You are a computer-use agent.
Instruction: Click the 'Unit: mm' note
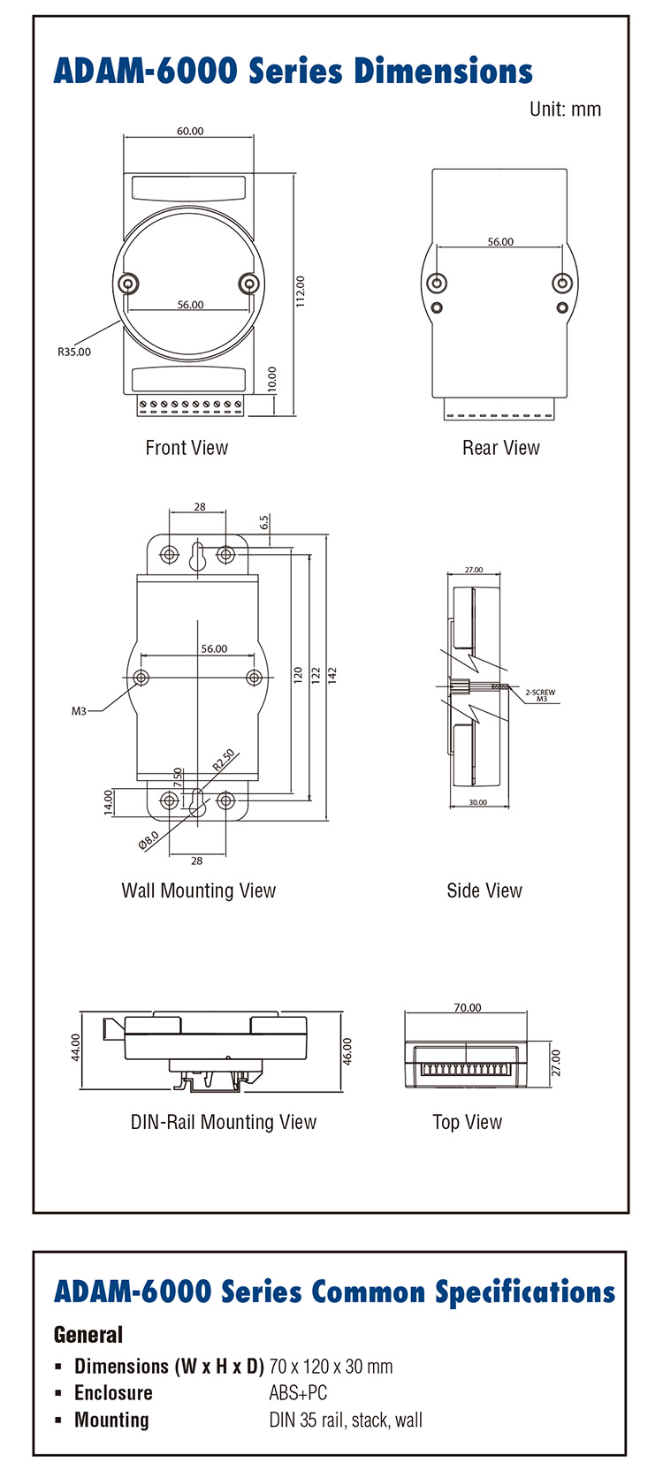click(565, 110)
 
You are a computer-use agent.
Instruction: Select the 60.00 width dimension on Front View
click(190, 131)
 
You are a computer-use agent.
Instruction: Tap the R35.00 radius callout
click(74, 352)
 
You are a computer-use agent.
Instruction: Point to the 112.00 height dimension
click(301, 292)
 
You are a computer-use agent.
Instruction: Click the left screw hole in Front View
click(130, 284)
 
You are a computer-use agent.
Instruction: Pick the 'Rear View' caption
click(500, 448)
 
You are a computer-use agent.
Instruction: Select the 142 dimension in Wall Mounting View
click(332, 674)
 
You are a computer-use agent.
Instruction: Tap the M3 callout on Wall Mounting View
click(80, 710)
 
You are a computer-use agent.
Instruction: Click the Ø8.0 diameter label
click(149, 839)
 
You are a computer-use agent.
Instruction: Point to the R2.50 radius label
click(224, 760)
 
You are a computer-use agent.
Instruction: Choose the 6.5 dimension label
click(264, 523)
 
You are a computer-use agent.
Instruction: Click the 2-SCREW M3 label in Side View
click(540, 695)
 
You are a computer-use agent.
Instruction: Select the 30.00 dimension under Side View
click(477, 802)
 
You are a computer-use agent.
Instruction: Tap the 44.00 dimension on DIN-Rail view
click(76, 1047)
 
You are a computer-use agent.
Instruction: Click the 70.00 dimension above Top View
click(468, 1007)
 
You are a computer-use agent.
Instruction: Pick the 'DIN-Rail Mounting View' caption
click(224, 1122)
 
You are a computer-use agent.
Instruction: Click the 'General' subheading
click(88, 1334)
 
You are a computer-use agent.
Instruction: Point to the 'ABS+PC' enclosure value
click(298, 1393)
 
